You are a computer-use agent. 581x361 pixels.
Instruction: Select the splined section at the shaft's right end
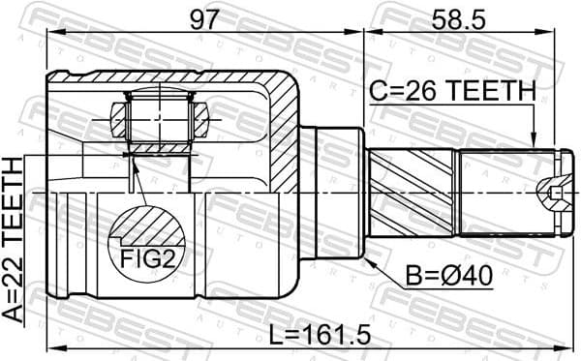(x=494, y=193)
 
